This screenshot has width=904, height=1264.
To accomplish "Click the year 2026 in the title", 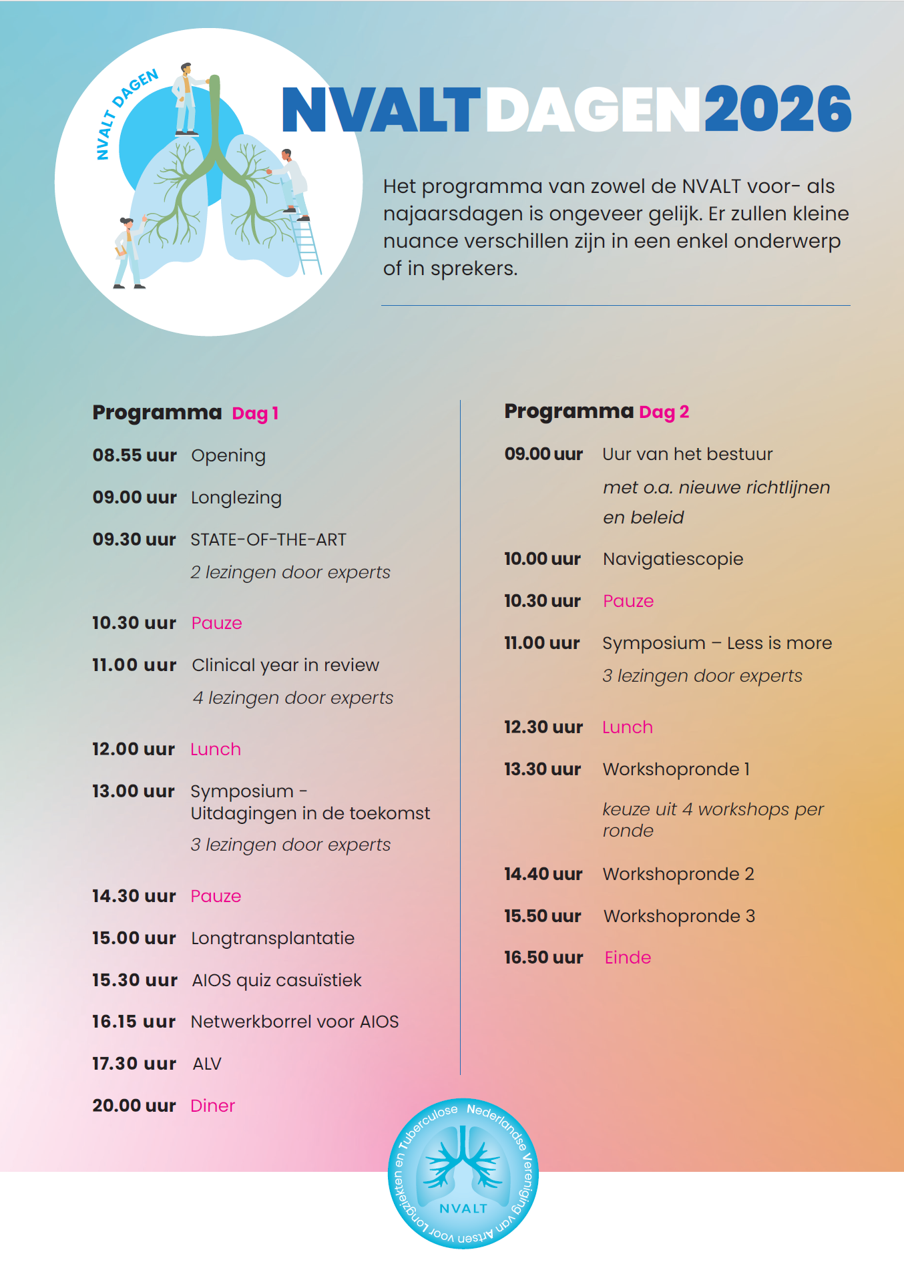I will pyautogui.click(x=778, y=110).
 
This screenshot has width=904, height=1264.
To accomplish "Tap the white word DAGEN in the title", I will pyautogui.click(x=593, y=110).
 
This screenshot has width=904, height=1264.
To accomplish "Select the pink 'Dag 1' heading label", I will pyautogui.click(x=255, y=414).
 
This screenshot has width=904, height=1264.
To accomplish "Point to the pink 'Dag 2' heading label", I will pyautogui.click(x=664, y=412).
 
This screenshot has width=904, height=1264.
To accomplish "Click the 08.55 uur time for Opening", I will pyautogui.click(x=134, y=455).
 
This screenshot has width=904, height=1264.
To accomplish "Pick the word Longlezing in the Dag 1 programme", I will pyautogui.click(x=236, y=498).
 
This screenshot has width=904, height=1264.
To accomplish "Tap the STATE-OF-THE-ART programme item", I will pyautogui.click(x=268, y=540).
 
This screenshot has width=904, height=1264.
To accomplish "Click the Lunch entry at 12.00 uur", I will pyautogui.click(x=216, y=749).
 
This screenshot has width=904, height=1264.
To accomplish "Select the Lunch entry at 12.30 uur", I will pyautogui.click(x=628, y=727).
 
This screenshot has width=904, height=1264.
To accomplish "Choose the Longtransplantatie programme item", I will pyautogui.click(x=272, y=938).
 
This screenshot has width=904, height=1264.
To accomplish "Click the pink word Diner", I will pyautogui.click(x=213, y=1106).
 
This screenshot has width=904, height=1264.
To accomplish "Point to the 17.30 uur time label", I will pyautogui.click(x=134, y=1064).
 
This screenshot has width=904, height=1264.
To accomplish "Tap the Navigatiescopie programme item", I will pyautogui.click(x=673, y=559).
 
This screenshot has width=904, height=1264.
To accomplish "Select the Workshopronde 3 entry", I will pyautogui.click(x=679, y=916).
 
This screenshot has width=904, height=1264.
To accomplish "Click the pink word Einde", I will pyautogui.click(x=628, y=958).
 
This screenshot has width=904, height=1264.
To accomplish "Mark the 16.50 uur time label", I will pyautogui.click(x=543, y=958).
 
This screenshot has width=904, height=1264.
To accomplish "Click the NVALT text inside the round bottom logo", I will pyautogui.click(x=463, y=1209).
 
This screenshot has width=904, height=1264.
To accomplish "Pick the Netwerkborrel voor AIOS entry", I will pyautogui.click(x=294, y=1022).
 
